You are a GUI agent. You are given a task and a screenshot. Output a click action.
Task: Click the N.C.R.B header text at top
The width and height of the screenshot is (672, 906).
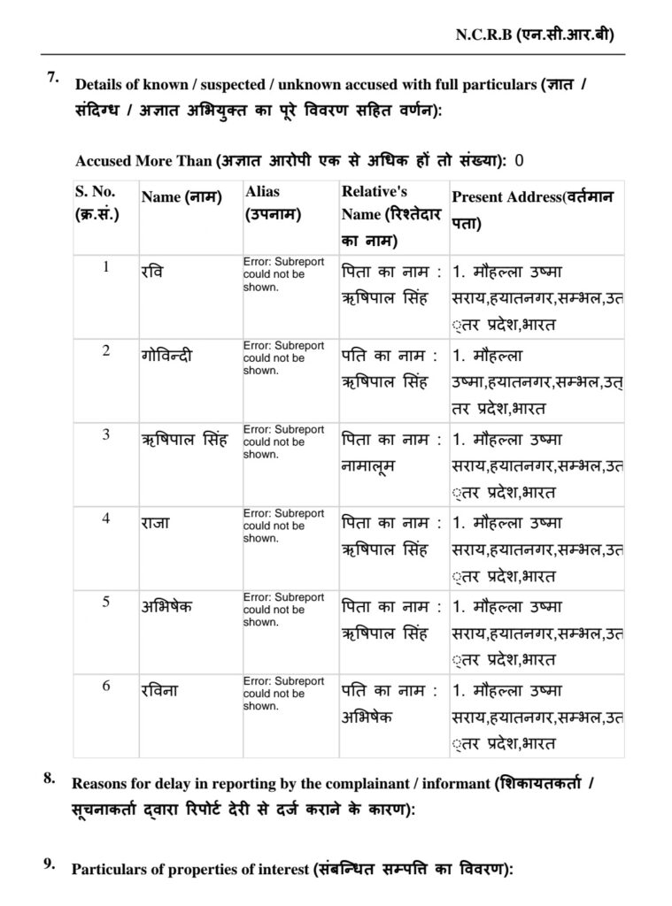coord(535,35)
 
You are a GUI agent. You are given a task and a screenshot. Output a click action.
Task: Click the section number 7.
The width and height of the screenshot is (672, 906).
coord(52,78)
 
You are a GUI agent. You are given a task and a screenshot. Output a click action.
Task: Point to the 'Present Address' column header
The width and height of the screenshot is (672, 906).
coord(537,209)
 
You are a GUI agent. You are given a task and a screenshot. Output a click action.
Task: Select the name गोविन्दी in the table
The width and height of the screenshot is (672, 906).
coord(166,356)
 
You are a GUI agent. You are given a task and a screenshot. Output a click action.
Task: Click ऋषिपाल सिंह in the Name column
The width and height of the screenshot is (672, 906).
coord(184,439)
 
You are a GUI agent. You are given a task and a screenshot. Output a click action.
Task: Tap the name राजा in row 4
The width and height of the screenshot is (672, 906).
coord(156,521)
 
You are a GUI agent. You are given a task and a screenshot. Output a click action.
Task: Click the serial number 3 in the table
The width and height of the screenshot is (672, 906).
coord(106,434)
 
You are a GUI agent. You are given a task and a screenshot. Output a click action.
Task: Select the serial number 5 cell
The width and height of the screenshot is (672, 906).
coord(106,602)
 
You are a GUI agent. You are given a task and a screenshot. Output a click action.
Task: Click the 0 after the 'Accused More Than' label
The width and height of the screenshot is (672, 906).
coord(519,160)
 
